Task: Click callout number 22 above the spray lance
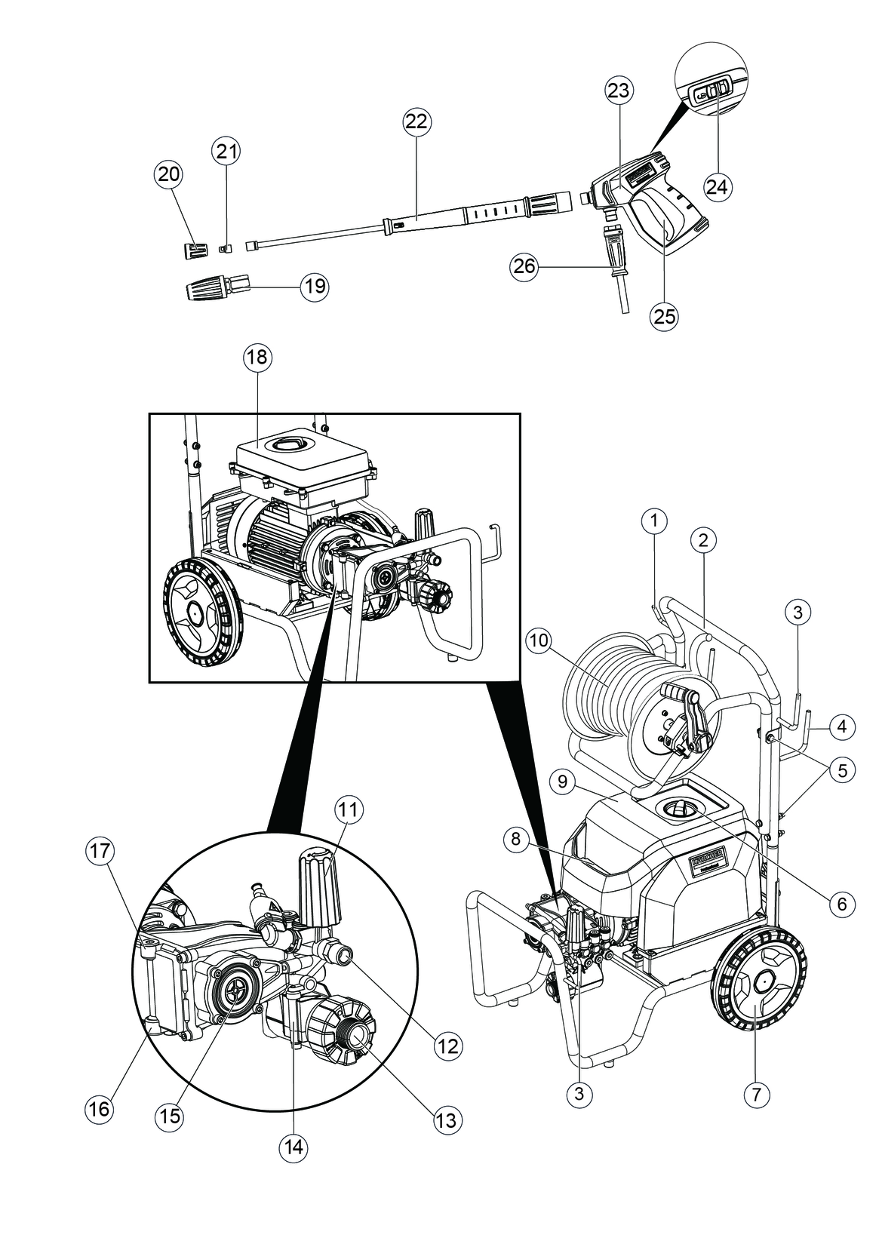pos(416,121)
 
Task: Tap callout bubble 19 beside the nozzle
pos(315,287)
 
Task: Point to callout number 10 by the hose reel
pos(540,641)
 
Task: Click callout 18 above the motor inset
pos(257,357)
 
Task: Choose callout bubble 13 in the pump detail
pos(447,1120)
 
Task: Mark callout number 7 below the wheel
pos(757,1093)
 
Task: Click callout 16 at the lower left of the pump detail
pos(99,1109)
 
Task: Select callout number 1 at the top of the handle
pos(655,520)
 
